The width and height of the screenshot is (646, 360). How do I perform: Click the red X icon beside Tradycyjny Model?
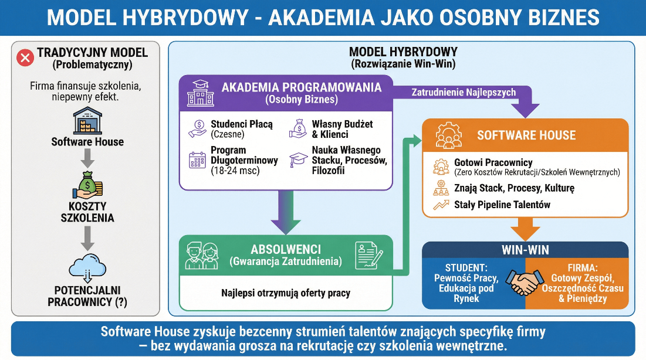pyautogui.click(x=25, y=57)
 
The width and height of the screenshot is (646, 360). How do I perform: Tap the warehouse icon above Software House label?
pyautogui.click(x=87, y=121)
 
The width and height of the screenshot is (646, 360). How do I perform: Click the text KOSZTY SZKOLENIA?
pyautogui.click(x=87, y=212)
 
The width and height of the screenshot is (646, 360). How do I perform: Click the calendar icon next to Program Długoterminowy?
pyautogui.click(x=196, y=159)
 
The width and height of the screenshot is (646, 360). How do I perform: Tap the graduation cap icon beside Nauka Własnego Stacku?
pyautogui.click(x=298, y=159)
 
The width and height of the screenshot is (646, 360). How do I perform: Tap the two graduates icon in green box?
pyautogui.click(x=201, y=256)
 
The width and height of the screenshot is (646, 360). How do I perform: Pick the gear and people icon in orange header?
pyautogui.click(x=448, y=135)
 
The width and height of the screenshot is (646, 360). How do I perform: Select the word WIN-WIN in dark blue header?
pyautogui.click(x=525, y=250)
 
